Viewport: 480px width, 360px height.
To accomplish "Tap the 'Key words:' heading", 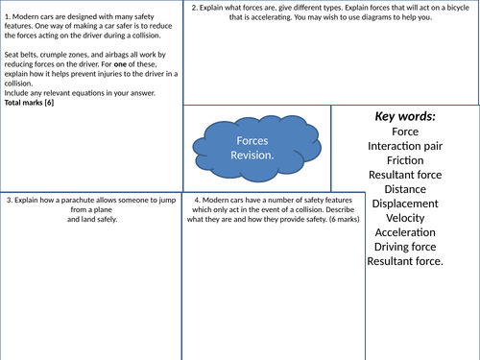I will pyautogui.click(x=404, y=116).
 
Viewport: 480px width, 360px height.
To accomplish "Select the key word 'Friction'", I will pyautogui.click(x=404, y=159).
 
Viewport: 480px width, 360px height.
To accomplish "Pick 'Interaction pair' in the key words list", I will pyautogui.click(x=404, y=145).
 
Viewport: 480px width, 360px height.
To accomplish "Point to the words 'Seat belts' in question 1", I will pyautogui.click(x=22, y=55).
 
